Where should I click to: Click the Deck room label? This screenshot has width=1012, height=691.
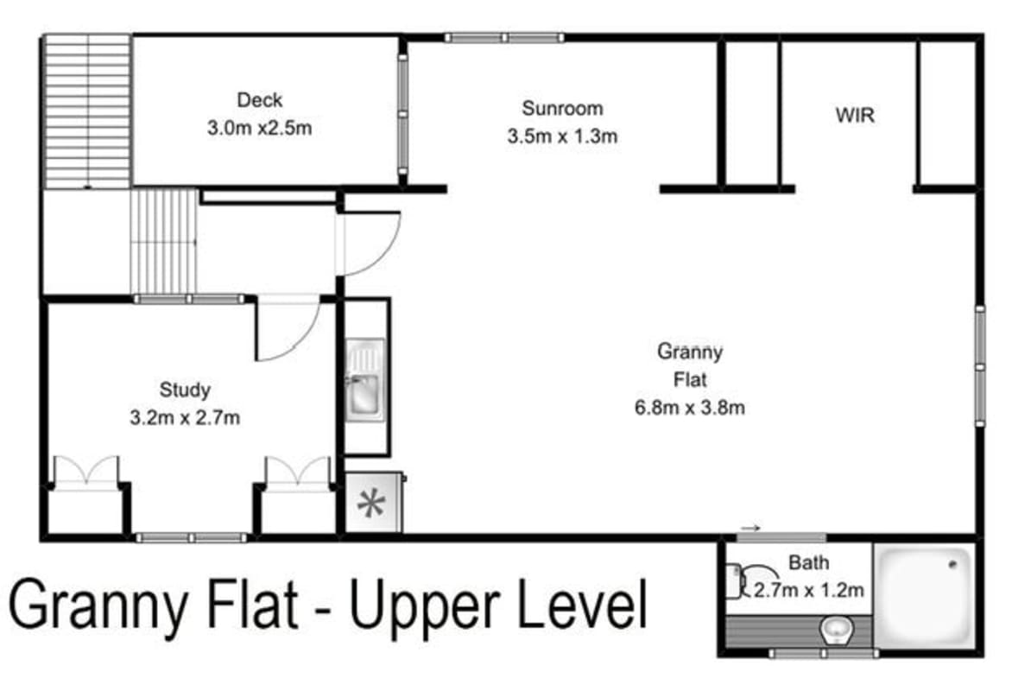pyautogui.click(x=259, y=100)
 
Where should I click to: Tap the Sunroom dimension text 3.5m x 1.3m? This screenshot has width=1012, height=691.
pyautogui.click(x=562, y=136)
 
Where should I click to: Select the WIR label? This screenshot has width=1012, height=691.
pyautogui.click(x=854, y=115)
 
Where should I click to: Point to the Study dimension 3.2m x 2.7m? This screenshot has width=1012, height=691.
pyautogui.click(x=184, y=418)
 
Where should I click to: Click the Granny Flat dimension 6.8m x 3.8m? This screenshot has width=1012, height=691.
pyautogui.click(x=689, y=407)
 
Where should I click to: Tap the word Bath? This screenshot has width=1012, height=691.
pyautogui.click(x=808, y=563)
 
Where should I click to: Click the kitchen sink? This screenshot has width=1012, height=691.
pyautogui.click(x=364, y=394)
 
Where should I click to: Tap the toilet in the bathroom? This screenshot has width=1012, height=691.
pyautogui.click(x=835, y=630)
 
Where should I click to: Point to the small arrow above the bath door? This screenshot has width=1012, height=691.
pyautogui.click(x=750, y=529)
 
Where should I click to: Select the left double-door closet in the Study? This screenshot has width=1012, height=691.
pyautogui.click(x=85, y=473)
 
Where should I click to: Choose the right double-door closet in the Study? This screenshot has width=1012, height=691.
pyautogui.click(x=297, y=473)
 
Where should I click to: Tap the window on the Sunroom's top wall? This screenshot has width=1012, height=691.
pyautogui.click(x=504, y=37)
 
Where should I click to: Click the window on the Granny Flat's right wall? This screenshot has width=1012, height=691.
pyautogui.click(x=980, y=365)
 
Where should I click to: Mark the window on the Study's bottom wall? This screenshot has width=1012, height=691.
pyautogui.click(x=191, y=538)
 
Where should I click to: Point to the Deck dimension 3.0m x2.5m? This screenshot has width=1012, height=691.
pyautogui.click(x=259, y=129)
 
